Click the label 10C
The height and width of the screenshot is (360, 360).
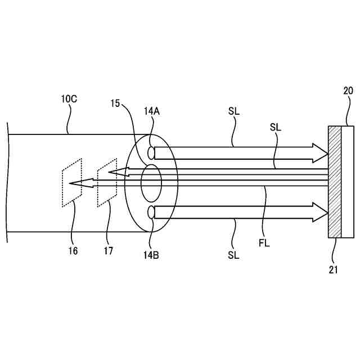pos(69,99)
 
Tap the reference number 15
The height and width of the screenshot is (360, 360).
pos(115,103)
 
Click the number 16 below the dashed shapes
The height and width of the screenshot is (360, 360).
pos(73,251)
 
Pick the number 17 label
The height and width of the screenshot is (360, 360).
pos(108,251)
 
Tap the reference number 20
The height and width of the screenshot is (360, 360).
pos(348,90)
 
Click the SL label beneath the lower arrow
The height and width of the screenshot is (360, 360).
pos(233,255)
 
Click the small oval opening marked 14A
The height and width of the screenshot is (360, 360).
pos(151,152)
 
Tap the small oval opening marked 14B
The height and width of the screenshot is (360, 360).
pos(151,213)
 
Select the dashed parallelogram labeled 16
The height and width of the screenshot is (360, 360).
pos(71,183)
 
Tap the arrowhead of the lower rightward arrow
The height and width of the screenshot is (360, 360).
pos(319,212)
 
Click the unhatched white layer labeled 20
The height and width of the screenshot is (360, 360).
pos(348,182)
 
